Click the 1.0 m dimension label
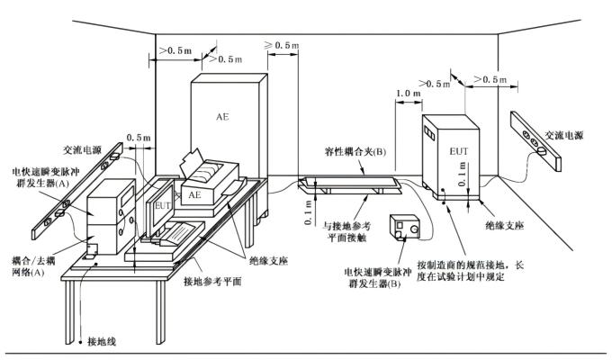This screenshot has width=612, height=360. (409, 94)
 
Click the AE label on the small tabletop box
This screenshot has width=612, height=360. (193, 194)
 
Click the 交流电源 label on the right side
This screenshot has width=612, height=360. (562, 134)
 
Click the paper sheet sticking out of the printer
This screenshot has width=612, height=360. (193, 165)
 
